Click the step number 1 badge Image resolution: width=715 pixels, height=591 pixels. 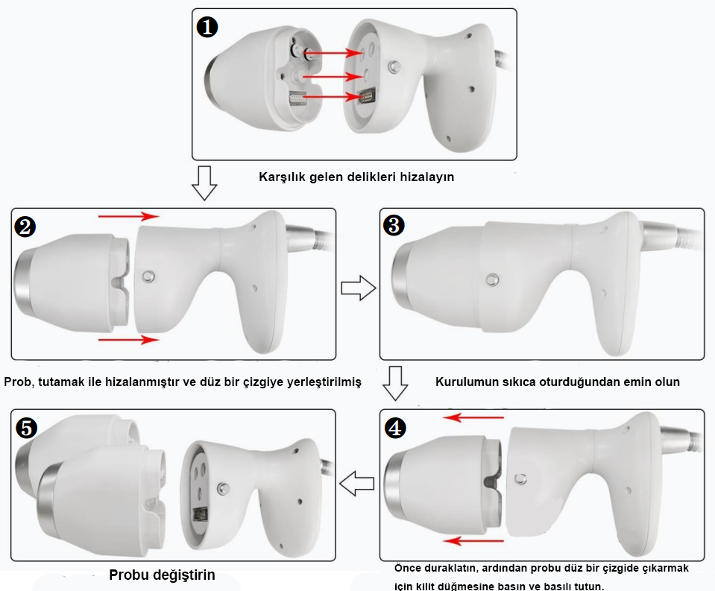pyautogui.click(x=207, y=28)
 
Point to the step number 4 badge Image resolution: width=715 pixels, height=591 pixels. pyautogui.click(x=395, y=428)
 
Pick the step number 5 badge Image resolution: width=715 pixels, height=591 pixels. pyautogui.click(x=26, y=427)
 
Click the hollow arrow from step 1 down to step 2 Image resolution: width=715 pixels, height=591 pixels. pyautogui.click(x=204, y=183)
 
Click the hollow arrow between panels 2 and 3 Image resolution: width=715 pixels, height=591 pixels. pyautogui.click(x=356, y=288)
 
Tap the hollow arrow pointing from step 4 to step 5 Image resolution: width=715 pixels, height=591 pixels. pyautogui.click(x=356, y=485)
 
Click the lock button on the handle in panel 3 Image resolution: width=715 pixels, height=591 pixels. pyautogui.click(x=492, y=279)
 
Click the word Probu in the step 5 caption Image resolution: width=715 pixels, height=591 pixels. pyautogui.click(x=127, y=575)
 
